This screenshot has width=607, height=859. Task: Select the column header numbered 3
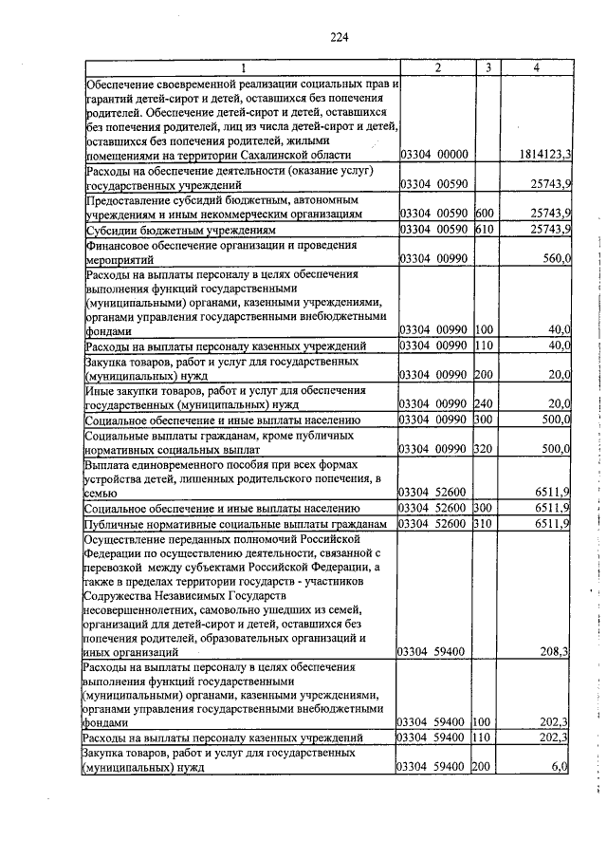pos(486,68)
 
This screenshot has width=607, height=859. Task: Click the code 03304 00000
pos(435,154)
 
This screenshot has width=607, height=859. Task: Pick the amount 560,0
pos(554,257)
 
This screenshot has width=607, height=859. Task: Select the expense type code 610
pos(485,230)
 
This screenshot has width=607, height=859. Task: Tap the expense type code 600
pos(485,215)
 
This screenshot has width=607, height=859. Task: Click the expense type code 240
pos(485,403)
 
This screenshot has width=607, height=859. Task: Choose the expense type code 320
pos(485,448)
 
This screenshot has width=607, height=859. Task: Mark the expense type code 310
pos(485,523)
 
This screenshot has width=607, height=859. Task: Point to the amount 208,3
pos(553,651)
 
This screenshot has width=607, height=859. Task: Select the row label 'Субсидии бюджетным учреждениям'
pos(180,231)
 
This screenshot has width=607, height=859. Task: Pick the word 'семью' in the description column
pos(101,494)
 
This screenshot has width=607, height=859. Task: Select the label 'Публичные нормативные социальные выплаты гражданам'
pos(236,524)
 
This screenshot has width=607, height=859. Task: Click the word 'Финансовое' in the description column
pos(119,244)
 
